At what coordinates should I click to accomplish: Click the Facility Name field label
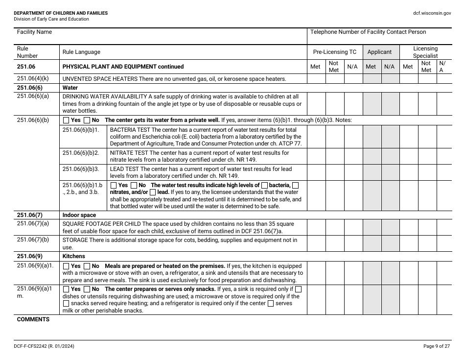point(34,32)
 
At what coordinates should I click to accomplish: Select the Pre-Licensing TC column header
point(335,52)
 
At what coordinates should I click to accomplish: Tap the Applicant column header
point(379,52)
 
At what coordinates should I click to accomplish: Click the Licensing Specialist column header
point(425,52)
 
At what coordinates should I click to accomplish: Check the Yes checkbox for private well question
point(66,120)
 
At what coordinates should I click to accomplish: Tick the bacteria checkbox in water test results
point(264,185)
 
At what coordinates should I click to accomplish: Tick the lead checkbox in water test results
point(153,192)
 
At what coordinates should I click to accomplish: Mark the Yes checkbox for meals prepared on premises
point(66,266)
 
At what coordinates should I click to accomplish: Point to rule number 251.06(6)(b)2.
point(81,153)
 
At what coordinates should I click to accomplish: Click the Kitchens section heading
point(73,256)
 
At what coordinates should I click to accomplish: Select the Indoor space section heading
point(79,215)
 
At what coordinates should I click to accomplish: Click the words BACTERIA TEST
point(127,130)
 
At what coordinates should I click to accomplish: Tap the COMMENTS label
point(33,319)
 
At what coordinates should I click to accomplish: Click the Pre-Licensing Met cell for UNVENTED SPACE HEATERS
point(316,78)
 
